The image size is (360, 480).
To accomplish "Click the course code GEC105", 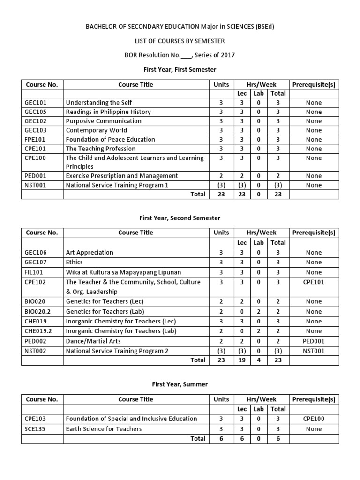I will pyautogui.click(x=36, y=112).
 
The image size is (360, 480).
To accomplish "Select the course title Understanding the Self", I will pyautogui.click(x=99, y=103).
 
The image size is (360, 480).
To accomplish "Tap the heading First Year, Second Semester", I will pyautogui.click(x=180, y=218).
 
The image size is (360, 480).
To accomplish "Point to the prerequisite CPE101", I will pyautogui.click(x=314, y=282).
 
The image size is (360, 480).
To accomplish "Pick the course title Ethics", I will pyautogui.click(x=75, y=262).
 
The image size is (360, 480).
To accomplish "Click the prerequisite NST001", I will pyautogui.click(x=314, y=351).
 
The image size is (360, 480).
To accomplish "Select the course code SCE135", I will pyautogui.click(x=35, y=429).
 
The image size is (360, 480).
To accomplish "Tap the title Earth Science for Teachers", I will pyautogui.click(x=104, y=429).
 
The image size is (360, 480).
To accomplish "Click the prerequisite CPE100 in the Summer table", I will pyautogui.click(x=314, y=419).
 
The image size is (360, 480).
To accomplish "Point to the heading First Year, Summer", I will pyautogui.click(x=180, y=384).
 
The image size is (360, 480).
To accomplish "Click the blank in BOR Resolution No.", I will pyautogui.click(x=186, y=56).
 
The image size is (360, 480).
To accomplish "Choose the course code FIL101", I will pyautogui.click(x=35, y=272).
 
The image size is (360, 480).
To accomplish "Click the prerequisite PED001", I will pyautogui.click(x=314, y=341).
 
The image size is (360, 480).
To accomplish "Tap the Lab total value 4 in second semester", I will pyautogui.click(x=259, y=360).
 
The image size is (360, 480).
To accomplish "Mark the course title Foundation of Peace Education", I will pyautogui.click(x=111, y=140).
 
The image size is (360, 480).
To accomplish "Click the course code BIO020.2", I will pyautogui.click(x=37, y=312).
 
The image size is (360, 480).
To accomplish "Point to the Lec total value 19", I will pyautogui.click(x=242, y=360).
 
